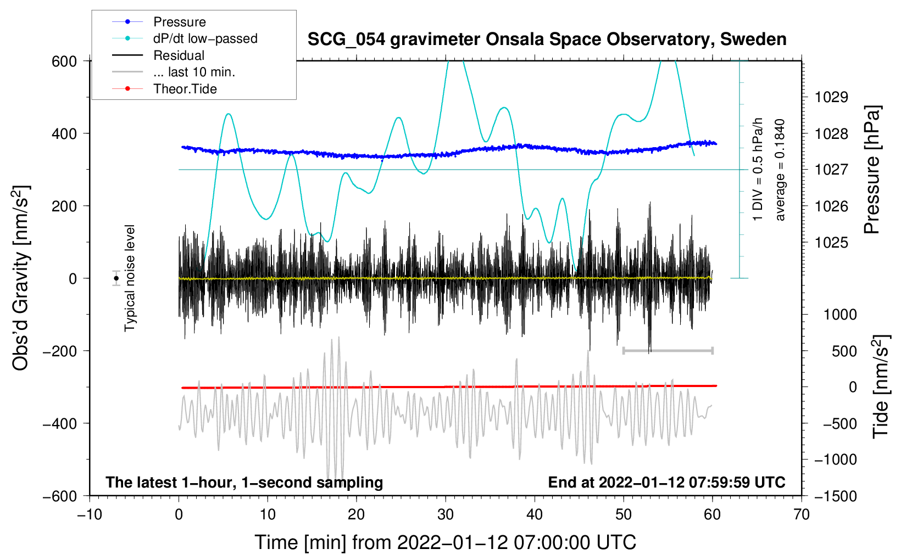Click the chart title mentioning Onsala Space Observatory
(547, 40)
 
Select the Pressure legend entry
(179, 22)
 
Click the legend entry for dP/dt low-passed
(205, 38)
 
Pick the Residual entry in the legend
(179, 55)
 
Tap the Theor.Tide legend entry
(185, 89)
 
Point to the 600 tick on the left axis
(64, 61)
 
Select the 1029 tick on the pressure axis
(831, 98)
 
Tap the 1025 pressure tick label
(831, 243)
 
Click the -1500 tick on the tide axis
(835, 496)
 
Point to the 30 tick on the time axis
(446, 515)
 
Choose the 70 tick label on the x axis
(802, 515)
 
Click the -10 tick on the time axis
(90, 515)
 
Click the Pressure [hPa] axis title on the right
(872, 170)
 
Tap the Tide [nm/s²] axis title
(881, 387)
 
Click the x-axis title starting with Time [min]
(446, 542)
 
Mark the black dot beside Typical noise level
(116, 278)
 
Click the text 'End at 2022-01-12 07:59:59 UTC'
(666, 483)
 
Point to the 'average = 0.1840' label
(780, 170)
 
